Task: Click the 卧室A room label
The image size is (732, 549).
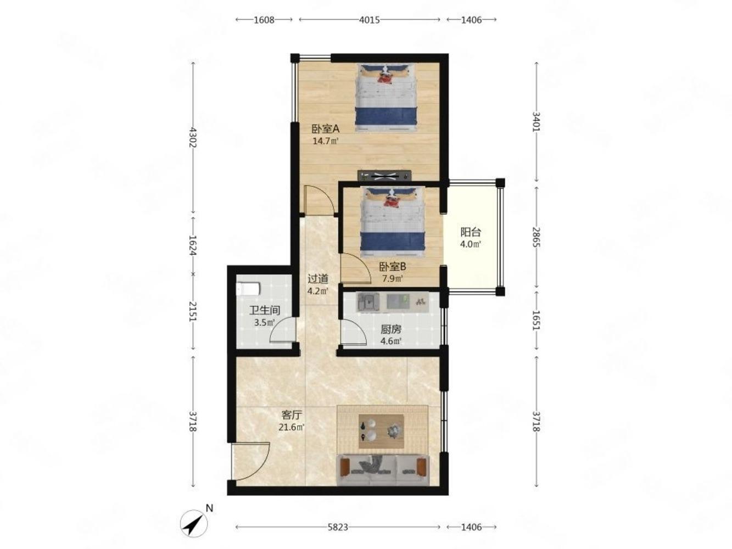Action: pos(325,128)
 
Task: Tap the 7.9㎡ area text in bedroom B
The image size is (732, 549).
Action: pos(393,278)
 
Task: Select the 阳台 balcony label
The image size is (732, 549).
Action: pos(470,232)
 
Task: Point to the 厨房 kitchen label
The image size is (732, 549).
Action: pos(391,329)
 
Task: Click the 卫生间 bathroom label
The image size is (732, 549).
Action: pos(265,310)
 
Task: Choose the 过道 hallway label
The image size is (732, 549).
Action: pos(318,278)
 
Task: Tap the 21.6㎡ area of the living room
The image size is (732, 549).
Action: pos(292,427)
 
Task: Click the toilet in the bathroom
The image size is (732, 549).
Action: pos(248,289)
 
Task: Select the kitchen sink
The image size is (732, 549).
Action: pos(368,302)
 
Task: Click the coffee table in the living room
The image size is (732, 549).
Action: pos(381,432)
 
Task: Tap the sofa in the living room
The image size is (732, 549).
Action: pos(383,470)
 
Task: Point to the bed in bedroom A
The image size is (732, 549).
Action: pos(386,98)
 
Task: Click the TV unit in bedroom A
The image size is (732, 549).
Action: pos(384,175)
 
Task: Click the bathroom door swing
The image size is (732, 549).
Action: pos(282,330)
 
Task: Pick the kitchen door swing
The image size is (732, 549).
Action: pos(354,332)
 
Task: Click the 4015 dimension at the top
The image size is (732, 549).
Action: pos(369,20)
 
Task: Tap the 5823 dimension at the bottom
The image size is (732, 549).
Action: pos(338,527)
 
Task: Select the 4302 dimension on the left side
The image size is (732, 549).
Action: pos(193,137)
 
